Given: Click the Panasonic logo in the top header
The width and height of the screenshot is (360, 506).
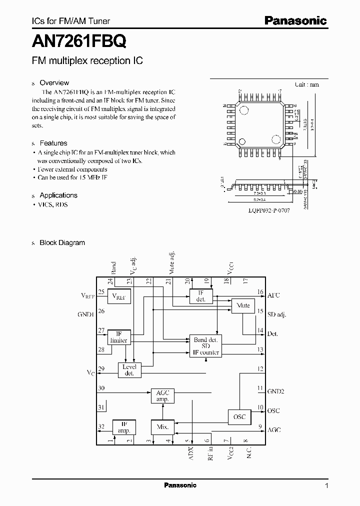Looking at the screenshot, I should pos(295,20).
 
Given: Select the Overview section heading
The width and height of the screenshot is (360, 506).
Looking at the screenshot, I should pos(54,83).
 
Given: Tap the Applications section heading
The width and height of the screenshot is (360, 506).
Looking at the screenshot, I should pos(58,195).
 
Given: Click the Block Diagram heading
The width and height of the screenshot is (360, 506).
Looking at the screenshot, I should pos(62,243).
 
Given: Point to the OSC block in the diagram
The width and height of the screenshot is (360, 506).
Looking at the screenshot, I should pos(239,416).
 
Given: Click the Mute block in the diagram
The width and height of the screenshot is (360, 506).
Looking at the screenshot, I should pos(243,306).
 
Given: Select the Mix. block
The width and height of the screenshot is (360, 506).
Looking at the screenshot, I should pos(162,427).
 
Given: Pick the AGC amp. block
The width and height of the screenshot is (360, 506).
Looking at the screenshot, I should pos(162,396).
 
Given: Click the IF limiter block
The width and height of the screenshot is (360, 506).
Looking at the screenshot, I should pos(119,337).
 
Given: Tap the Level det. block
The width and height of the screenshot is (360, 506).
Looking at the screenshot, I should pos(129,370).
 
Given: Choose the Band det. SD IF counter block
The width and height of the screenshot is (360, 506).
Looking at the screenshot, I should pos(205,346).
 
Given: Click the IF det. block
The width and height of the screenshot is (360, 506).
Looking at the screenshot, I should pos(201,296).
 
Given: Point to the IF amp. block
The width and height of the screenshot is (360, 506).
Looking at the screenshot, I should pos(123,427).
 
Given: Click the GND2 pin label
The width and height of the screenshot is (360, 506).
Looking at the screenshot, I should pos(275,391).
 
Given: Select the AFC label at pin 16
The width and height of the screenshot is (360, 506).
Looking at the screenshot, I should pos(274,295).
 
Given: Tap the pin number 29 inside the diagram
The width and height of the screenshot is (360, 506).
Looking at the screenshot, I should pos(101,368).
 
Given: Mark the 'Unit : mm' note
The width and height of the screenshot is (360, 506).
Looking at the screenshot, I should pos(306,85).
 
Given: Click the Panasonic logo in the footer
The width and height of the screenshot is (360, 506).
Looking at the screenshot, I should pos(180,485).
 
